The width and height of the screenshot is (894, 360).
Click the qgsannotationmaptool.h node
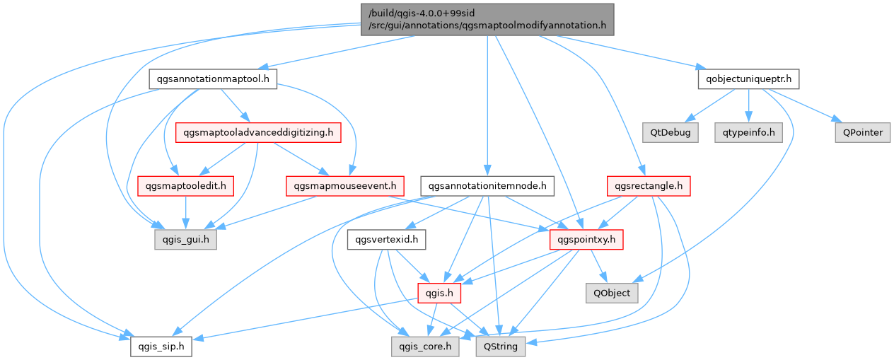[212, 79]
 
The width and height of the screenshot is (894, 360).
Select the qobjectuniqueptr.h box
[748, 79]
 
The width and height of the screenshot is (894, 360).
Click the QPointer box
[860, 132]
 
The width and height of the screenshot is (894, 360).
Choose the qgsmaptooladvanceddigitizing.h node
[258, 132]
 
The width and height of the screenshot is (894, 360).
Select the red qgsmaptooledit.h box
[185, 186]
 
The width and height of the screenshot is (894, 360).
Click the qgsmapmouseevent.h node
[344, 186]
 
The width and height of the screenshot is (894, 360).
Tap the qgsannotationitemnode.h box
[487, 186]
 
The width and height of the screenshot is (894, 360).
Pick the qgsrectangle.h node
[648, 186]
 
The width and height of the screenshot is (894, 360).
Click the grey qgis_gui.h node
[185, 240]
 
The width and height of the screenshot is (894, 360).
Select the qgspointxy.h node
[586, 240]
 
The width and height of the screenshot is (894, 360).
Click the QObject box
[612, 293]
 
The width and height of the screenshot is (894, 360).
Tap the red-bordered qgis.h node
[439, 293]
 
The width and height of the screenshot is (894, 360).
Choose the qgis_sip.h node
[161, 347]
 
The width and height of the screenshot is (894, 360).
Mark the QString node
[501, 347]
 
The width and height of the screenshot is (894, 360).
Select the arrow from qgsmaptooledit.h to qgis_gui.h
[185, 213]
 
